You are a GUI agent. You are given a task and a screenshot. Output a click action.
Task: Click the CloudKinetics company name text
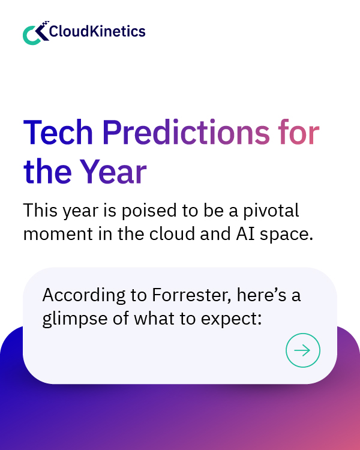click(97, 31)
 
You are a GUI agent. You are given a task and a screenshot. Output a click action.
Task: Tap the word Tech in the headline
click(57, 133)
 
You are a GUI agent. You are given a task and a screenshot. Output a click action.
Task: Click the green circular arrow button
click(303, 350)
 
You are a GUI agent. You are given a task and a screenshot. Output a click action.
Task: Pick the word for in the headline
click(298, 133)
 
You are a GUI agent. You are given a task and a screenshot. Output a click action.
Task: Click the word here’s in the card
click(261, 295)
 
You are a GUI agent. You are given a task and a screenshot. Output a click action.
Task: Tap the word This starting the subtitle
click(40, 211)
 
